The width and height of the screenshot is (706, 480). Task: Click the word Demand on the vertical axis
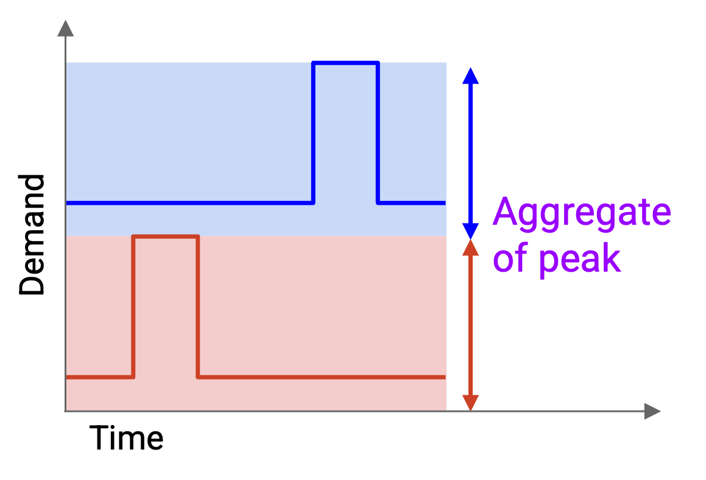tap(32, 235)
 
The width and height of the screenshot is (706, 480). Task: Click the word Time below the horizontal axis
tap(127, 438)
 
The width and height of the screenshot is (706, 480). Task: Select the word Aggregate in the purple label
tap(582, 213)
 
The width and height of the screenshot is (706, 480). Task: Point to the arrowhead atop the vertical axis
tap(66, 28)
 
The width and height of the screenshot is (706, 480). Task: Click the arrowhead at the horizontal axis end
tap(652, 411)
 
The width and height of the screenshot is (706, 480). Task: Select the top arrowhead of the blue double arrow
tap(470, 76)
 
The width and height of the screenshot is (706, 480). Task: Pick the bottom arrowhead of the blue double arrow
tap(470, 231)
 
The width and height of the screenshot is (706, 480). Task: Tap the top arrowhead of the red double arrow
tap(470, 248)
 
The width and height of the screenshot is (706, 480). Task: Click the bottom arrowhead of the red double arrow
tap(470, 403)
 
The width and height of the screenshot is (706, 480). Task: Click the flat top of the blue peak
tap(345, 63)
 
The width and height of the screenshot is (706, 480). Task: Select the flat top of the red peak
tap(166, 236)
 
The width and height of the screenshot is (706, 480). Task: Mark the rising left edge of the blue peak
tap(313, 133)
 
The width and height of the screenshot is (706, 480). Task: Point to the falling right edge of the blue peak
tap(378, 133)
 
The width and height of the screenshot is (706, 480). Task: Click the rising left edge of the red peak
tap(133, 306)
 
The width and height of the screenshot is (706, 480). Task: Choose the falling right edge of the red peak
tap(197, 306)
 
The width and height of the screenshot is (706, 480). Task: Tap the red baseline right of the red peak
tap(322, 377)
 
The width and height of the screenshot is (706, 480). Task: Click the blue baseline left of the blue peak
tap(189, 203)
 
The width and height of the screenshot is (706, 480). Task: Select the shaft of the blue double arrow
tap(470, 154)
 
